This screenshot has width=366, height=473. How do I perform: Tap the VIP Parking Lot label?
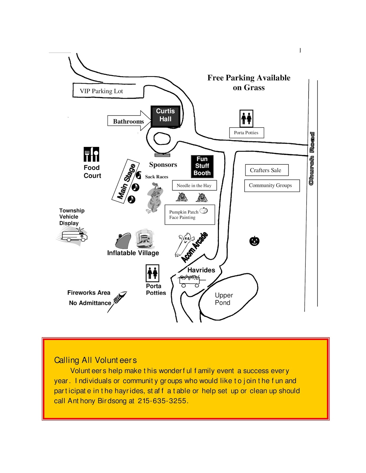point(101,91)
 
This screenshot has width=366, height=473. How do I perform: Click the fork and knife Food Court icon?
point(91,154)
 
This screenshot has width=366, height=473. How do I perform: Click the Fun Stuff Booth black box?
point(202,166)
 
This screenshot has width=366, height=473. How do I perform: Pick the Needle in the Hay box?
point(194,185)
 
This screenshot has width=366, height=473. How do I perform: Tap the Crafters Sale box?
point(266,170)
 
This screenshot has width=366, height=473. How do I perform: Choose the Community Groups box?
point(271,185)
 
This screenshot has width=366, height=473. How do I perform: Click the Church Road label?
point(312,159)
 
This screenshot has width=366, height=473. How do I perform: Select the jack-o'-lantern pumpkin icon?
point(254,241)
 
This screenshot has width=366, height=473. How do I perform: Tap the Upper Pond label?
point(224,299)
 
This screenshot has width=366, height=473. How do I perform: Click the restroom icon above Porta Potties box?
point(246,118)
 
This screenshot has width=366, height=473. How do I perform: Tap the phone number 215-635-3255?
point(162,401)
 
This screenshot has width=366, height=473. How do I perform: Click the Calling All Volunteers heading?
point(95,360)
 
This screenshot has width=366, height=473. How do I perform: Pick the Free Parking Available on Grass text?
point(249,82)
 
